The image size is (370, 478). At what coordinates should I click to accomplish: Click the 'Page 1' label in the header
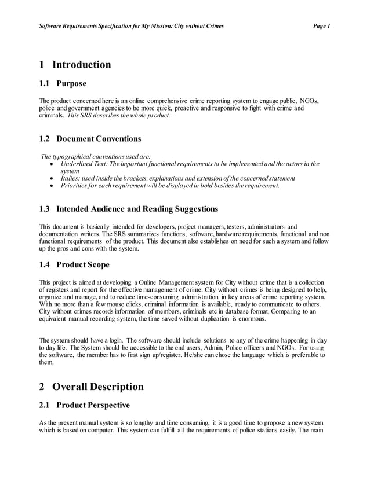click(x=321, y=26)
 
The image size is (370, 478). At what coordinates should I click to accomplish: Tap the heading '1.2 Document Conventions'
click(x=89, y=139)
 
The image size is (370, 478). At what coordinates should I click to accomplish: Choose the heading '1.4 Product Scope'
click(x=74, y=265)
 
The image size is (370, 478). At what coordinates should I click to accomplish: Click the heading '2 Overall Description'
click(x=90, y=387)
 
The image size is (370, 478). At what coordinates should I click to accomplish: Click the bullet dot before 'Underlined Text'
click(x=53, y=164)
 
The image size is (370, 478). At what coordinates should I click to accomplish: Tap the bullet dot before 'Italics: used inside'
click(x=53, y=179)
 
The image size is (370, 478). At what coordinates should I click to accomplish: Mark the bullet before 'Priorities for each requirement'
click(x=53, y=186)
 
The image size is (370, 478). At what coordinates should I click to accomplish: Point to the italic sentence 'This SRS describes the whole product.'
click(x=118, y=116)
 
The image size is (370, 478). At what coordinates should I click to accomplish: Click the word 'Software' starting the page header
click(x=51, y=26)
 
